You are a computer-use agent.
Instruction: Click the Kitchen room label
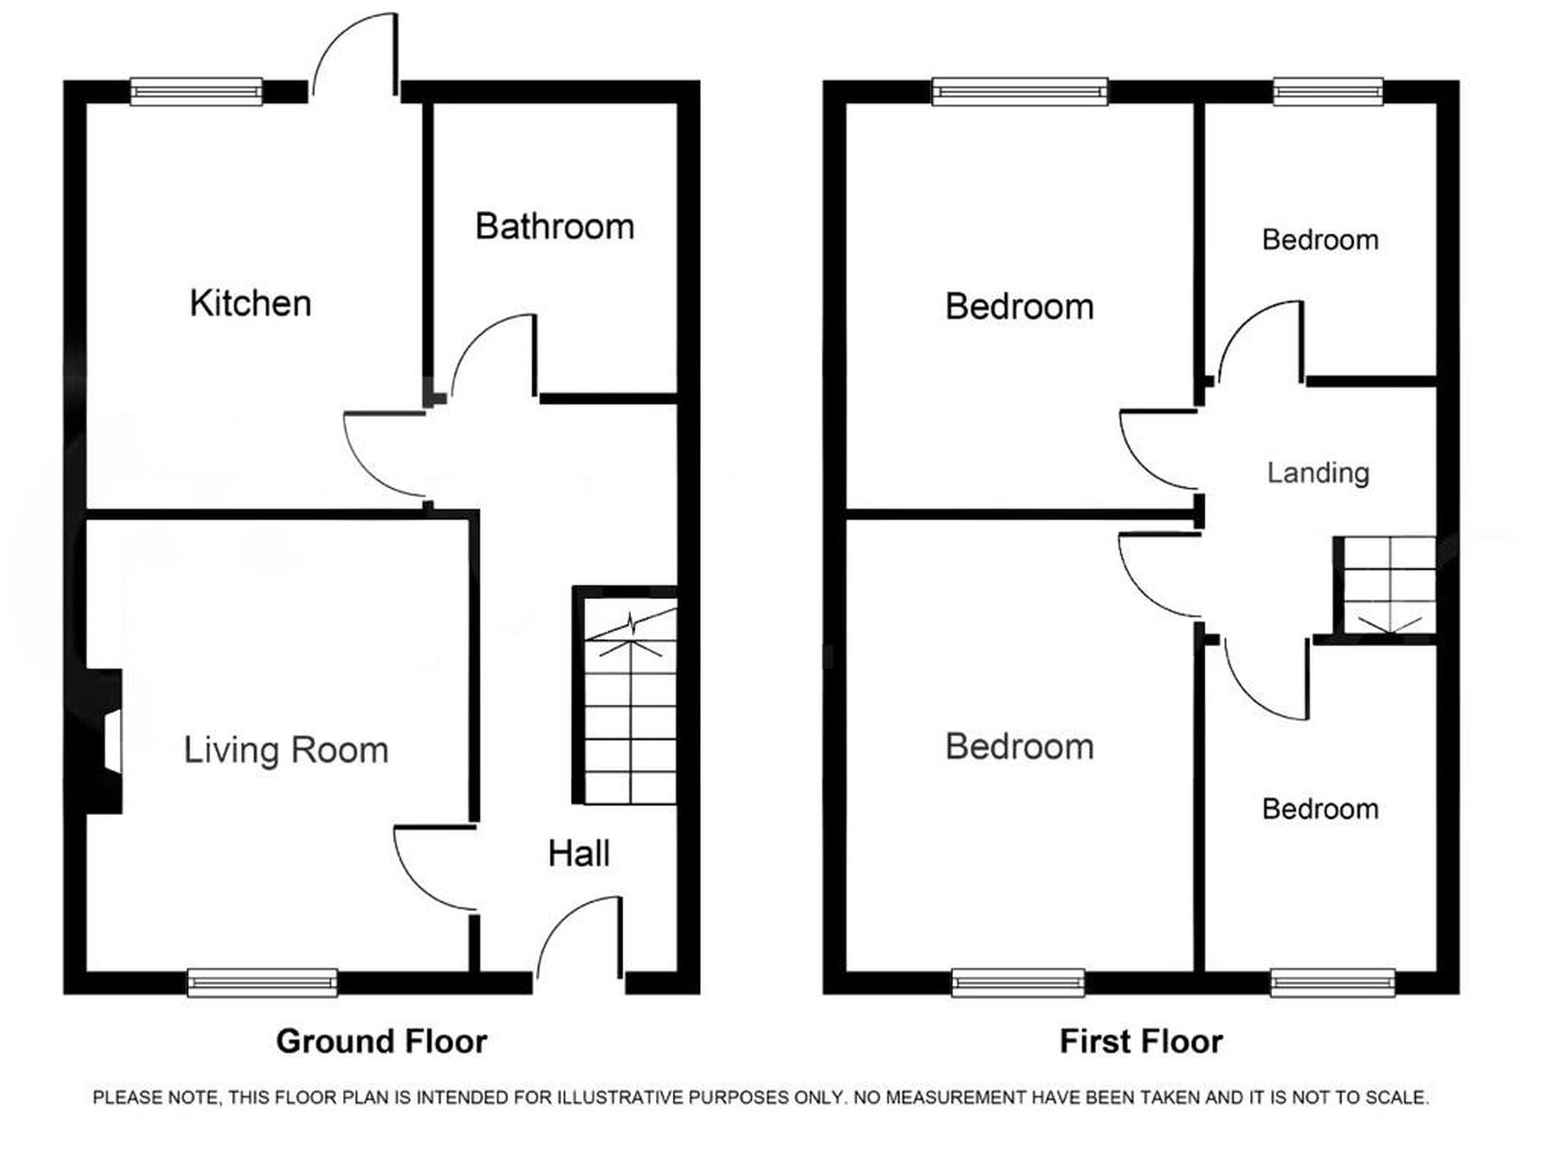point(251,303)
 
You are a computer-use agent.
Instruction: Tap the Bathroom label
point(555,226)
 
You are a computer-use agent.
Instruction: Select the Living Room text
point(286,750)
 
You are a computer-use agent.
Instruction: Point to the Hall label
point(578,854)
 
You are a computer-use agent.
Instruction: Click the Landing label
point(1318,472)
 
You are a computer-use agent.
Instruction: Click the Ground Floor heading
point(381,1041)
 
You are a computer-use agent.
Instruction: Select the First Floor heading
point(1141,1041)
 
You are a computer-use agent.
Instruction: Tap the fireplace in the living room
point(103,742)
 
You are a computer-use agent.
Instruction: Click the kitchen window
point(196,92)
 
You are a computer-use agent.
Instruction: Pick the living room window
point(263,983)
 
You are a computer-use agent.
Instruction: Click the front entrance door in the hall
point(580,938)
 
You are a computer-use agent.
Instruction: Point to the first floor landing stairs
point(1384,586)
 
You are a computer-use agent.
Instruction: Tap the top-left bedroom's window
point(1020,92)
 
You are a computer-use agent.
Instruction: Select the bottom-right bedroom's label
point(1320,809)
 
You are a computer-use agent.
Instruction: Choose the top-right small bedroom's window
point(1328,92)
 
